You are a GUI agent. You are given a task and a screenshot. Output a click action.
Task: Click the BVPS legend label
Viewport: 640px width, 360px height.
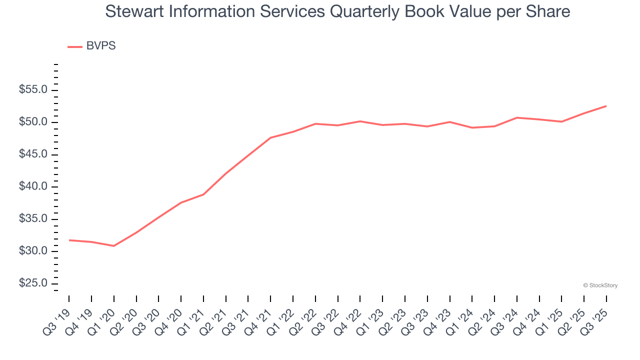[x=100, y=46]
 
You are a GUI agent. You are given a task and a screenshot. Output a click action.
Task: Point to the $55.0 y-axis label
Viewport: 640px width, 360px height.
[x=33, y=90]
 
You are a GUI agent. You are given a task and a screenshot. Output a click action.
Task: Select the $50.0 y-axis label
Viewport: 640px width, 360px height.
[x=33, y=122]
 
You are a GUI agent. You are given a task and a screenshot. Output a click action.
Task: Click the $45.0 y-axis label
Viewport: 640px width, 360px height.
[x=33, y=154]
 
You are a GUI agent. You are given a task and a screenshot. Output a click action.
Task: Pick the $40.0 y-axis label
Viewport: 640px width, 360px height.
[x=33, y=187]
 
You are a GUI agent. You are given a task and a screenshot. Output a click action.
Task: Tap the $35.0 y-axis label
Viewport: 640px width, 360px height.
[x=33, y=219]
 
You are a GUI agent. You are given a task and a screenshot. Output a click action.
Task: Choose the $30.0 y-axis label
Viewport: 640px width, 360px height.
[x=33, y=251]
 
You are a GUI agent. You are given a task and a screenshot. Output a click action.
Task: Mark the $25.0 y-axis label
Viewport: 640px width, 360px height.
[x=33, y=283]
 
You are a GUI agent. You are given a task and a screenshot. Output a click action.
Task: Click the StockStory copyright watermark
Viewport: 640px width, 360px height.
[x=600, y=285]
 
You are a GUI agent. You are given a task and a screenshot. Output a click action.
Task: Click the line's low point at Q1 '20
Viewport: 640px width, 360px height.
[x=114, y=246]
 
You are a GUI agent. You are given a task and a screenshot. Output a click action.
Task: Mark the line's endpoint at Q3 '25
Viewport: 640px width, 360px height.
[x=606, y=106]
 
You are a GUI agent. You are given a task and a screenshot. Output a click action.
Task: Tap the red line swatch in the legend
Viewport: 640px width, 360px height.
[x=75, y=46]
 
